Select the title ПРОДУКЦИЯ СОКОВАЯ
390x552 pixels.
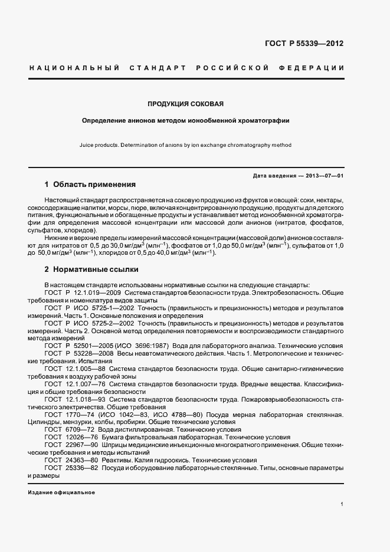(186, 104)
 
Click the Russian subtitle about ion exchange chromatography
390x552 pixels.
(186, 120)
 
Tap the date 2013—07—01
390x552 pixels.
(323, 176)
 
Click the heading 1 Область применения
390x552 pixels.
(90, 184)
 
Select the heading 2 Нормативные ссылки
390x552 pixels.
(91, 270)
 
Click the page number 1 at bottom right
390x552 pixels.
(342, 504)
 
